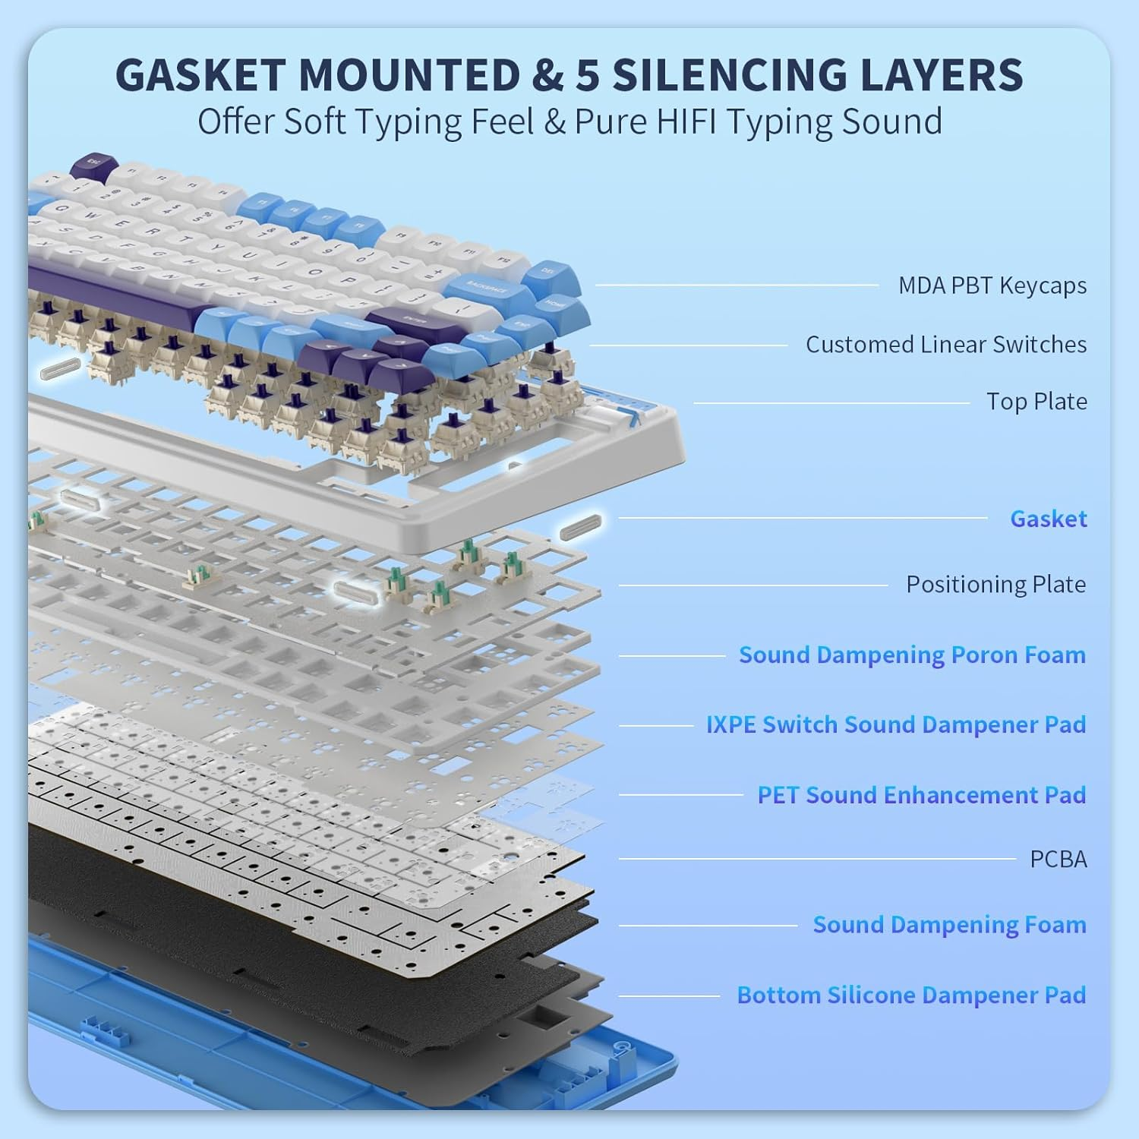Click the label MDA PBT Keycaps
(x=992, y=286)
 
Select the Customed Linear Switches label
(x=945, y=345)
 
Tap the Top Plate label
(x=1036, y=402)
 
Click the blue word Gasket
(x=1048, y=519)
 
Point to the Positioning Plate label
(x=995, y=585)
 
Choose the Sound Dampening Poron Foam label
(x=912, y=655)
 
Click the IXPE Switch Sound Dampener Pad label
(x=895, y=724)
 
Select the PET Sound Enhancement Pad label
(x=921, y=795)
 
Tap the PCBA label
(x=1058, y=860)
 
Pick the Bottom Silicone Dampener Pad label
(x=911, y=995)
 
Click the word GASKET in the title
(x=200, y=74)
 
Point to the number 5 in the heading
(x=586, y=74)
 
